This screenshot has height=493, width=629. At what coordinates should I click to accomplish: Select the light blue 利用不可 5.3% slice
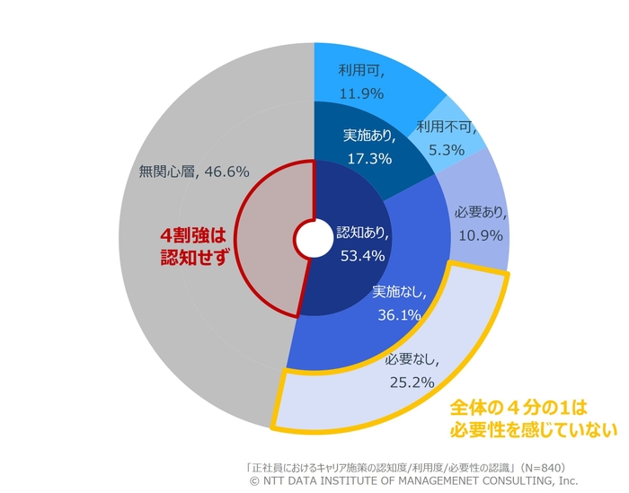tap(445, 136)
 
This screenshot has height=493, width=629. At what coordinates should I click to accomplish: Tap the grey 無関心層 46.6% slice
tap(180, 171)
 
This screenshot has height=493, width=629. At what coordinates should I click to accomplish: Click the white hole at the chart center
tap(313, 240)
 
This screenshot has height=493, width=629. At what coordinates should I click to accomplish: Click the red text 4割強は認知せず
tap(190, 243)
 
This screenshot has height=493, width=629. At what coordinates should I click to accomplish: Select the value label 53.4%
tap(365, 256)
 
